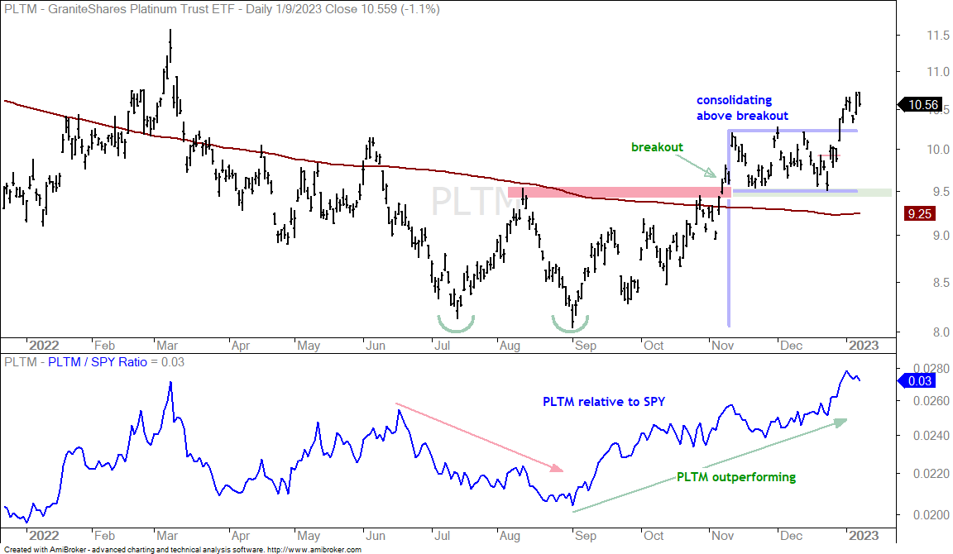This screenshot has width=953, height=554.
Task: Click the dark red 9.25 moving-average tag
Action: coord(920,214)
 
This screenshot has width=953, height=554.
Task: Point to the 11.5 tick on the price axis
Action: coord(937,36)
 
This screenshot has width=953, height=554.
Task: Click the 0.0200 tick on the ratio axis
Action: coord(931,514)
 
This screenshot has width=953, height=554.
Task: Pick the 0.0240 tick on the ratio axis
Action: coord(931,436)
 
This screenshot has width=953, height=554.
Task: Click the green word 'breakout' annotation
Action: coord(657,147)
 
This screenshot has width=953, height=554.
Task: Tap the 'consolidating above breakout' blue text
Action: coord(742,107)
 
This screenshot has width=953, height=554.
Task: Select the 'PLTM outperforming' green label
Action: coord(736,477)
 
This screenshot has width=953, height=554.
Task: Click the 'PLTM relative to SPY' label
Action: coord(604,402)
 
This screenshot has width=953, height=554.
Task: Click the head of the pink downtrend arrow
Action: coord(558,468)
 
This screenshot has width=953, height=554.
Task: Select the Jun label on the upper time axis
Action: coord(376,346)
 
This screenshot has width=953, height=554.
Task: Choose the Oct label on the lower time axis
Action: coord(654,536)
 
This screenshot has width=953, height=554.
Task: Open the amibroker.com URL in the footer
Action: coord(314,550)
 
